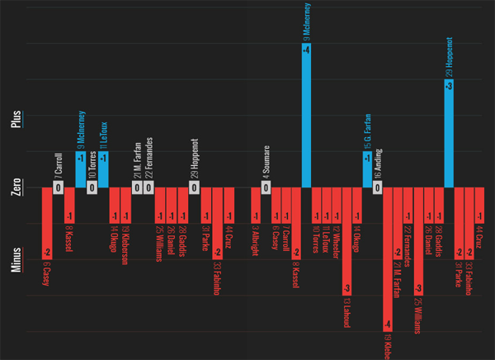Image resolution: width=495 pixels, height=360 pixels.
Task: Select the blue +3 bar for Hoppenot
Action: (x=449, y=132)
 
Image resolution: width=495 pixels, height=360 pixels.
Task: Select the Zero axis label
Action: (x=16, y=189)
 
